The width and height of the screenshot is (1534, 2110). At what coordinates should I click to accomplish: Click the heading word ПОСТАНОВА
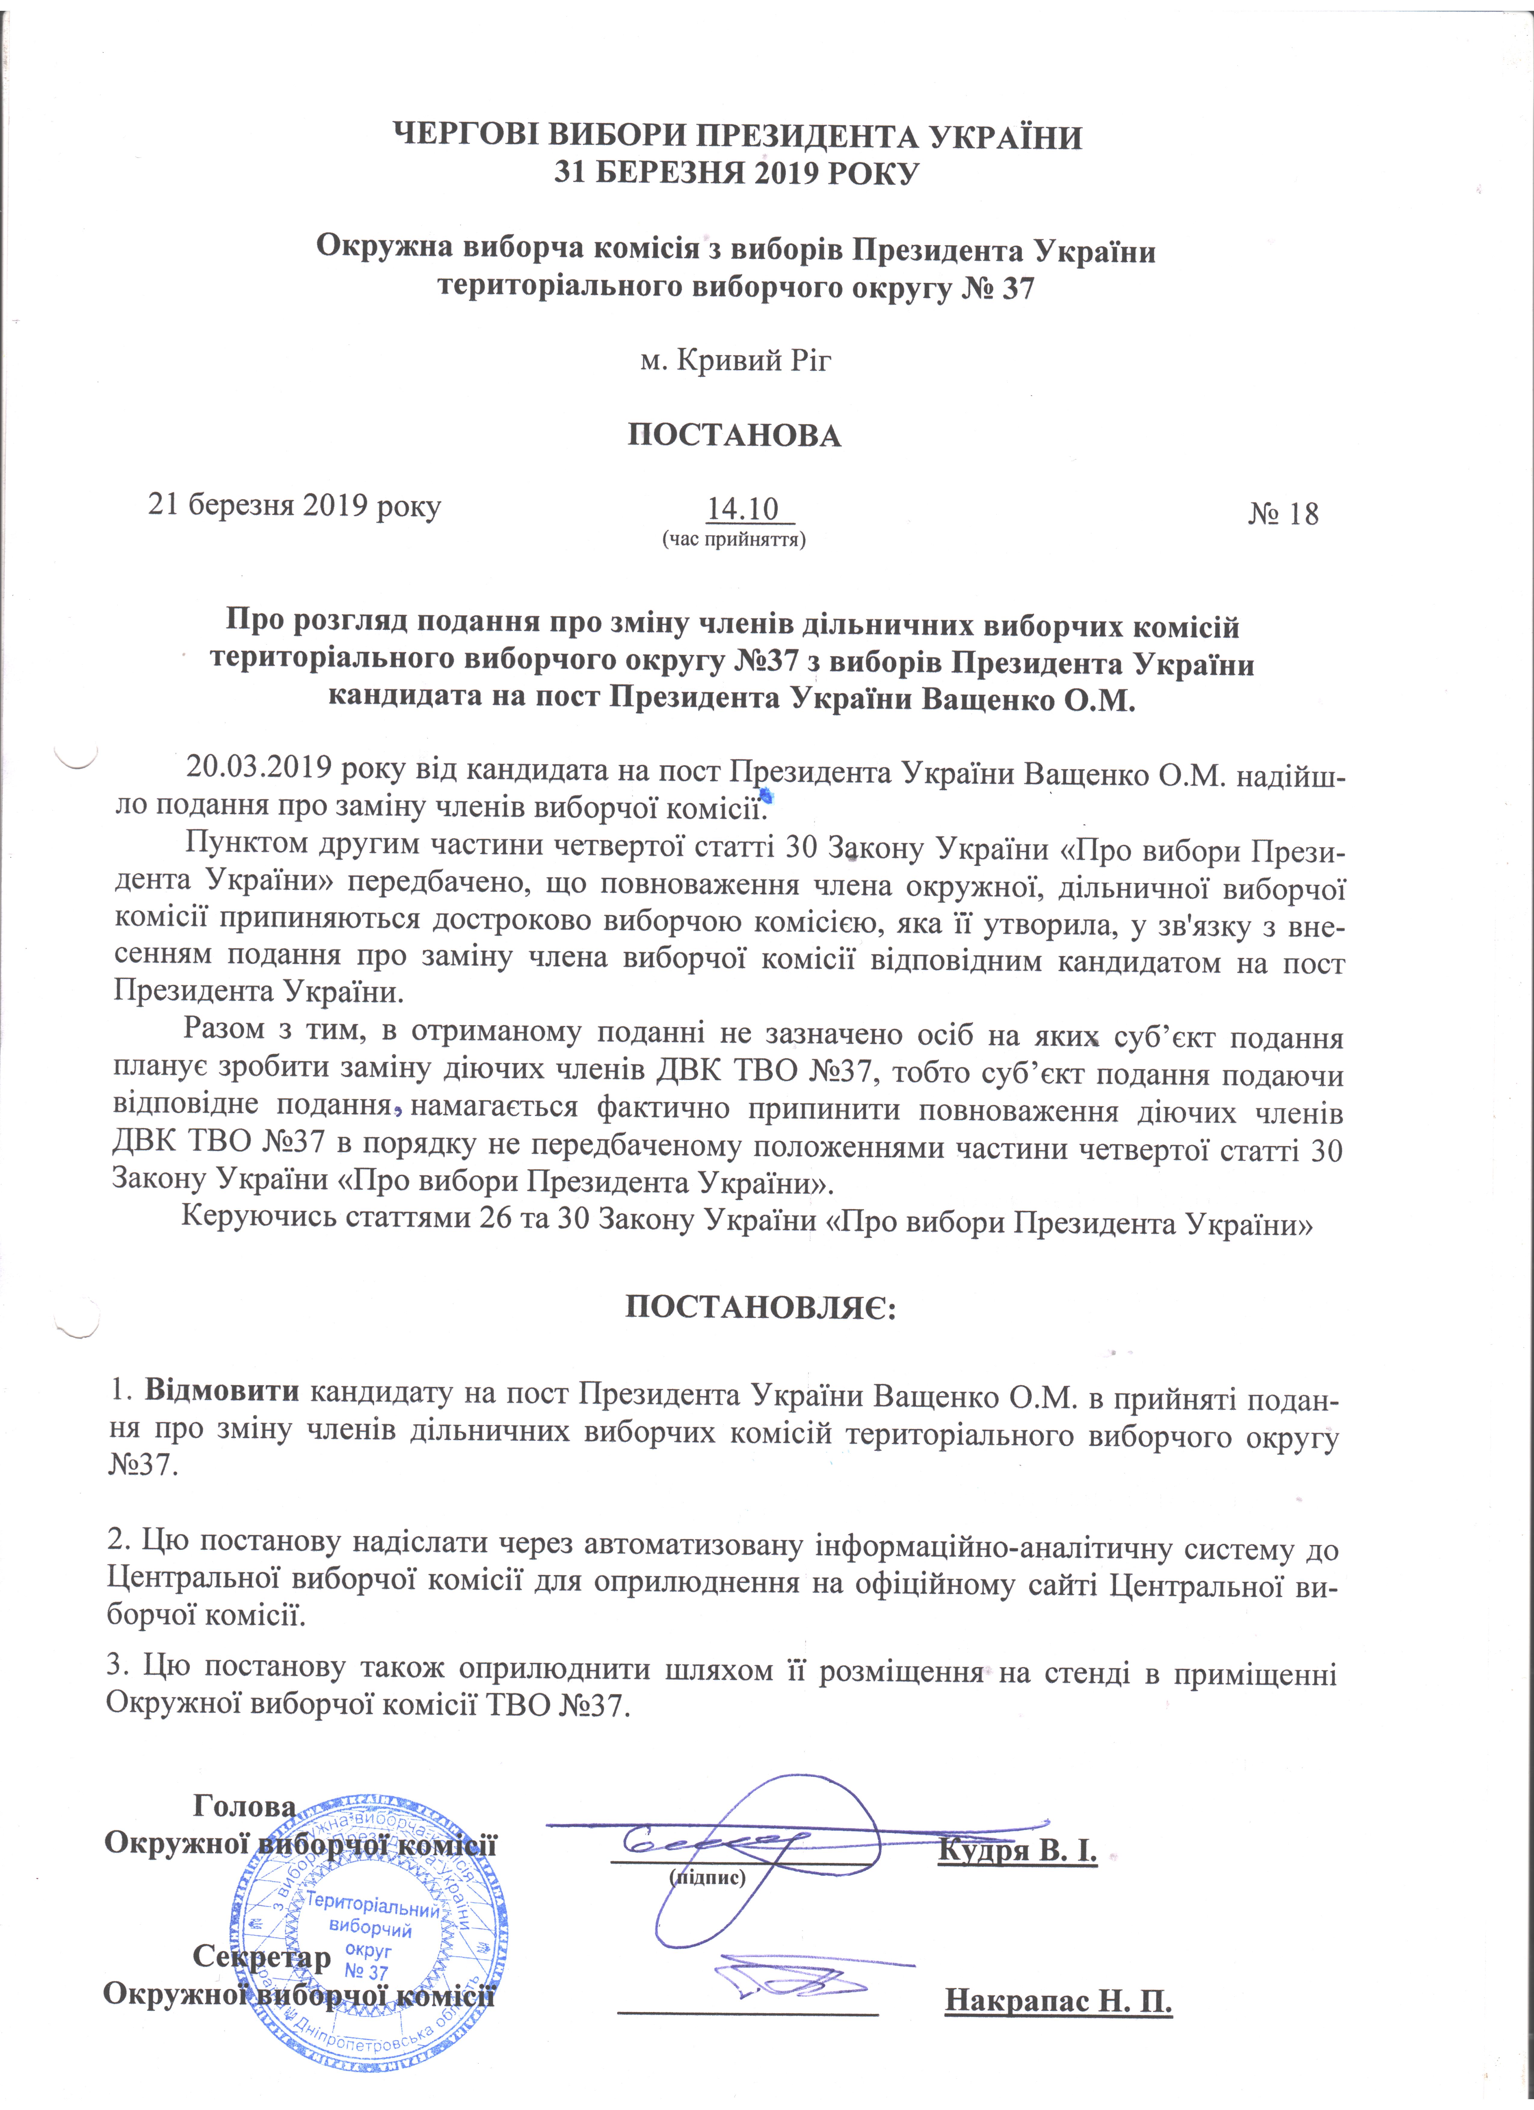click(734, 435)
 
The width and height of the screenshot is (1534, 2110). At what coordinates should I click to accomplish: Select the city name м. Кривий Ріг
click(735, 359)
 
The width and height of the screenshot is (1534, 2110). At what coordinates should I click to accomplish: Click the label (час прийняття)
click(733, 539)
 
